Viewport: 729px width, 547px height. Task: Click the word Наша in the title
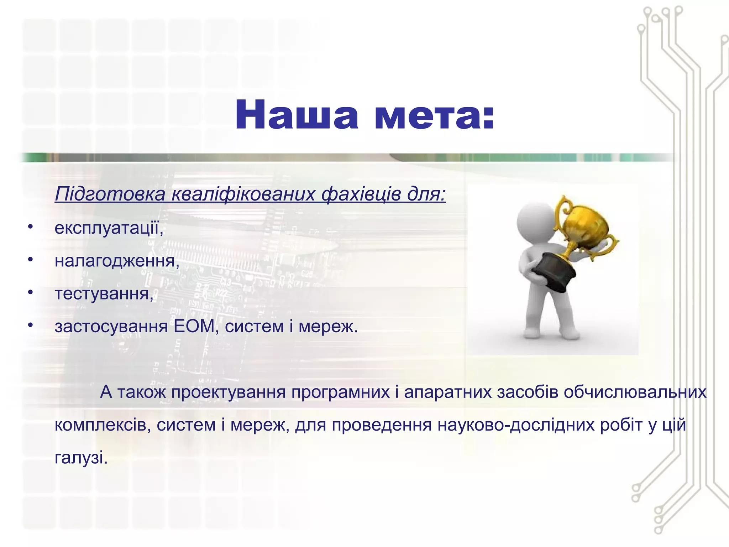297,115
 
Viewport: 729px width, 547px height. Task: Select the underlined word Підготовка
110,195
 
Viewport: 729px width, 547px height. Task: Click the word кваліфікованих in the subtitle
243,195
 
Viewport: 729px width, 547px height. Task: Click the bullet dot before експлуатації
31,227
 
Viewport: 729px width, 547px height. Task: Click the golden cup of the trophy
584,224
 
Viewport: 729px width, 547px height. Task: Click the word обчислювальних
635,392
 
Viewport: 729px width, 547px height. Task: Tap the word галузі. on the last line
81,458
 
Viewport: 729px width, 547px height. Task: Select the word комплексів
100,425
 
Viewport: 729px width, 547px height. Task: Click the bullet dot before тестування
31,293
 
